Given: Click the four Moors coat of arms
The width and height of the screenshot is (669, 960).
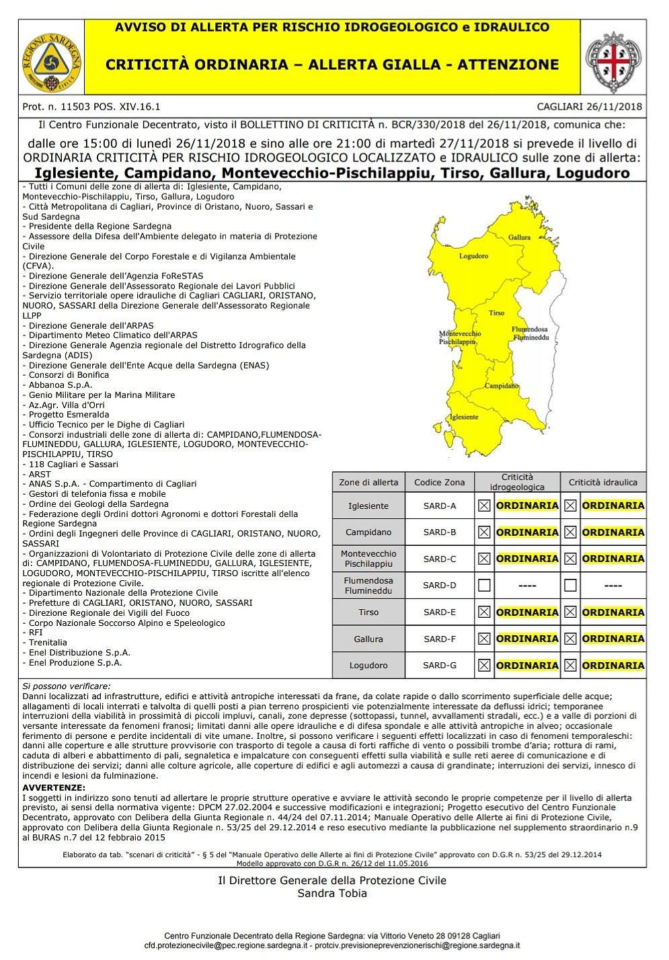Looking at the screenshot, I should click(613, 58).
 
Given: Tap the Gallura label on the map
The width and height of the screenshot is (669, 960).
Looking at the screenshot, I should click(519, 237).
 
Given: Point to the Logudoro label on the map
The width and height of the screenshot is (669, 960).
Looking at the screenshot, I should click(473, 256).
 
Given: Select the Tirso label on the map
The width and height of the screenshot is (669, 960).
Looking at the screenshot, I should click(496, 313).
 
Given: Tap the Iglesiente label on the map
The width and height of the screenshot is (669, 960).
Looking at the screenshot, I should click(465, 417).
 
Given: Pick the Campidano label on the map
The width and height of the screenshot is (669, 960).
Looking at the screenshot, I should click(501, 386).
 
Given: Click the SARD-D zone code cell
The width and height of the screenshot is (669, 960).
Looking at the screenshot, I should click(440, 586).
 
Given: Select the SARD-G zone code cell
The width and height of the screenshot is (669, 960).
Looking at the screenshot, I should click(440, 666).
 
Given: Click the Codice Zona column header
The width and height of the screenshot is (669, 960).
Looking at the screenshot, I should click(440, 482).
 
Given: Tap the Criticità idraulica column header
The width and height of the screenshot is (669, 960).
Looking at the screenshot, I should click(603, 482).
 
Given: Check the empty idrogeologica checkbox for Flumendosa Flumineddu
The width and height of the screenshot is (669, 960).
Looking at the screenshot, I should click(484, 586).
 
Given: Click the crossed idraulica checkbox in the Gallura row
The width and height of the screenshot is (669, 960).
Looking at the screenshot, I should click(570, 639).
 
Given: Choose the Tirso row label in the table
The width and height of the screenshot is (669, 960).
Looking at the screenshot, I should click(368, 612).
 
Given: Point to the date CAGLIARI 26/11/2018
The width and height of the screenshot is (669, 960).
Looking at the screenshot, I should click(590, 106).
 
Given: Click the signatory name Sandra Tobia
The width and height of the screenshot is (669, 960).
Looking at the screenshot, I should click(332, 893).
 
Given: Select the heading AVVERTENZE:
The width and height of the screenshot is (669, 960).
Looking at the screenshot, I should click(54, 787).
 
